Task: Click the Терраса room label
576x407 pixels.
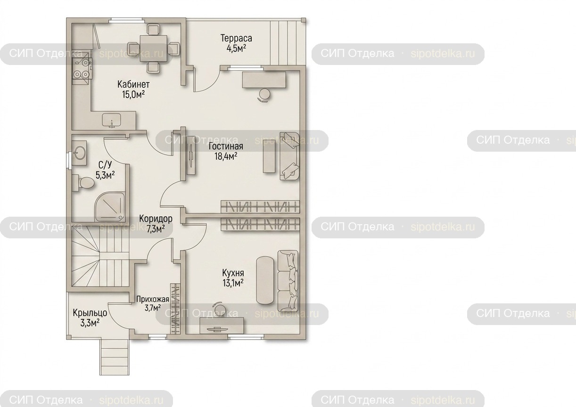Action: point(236,38)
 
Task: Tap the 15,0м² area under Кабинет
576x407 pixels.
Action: point(133,94)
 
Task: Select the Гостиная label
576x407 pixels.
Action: point(226,146)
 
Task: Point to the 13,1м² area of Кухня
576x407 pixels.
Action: point(233,283)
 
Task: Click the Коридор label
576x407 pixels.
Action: point(156,219)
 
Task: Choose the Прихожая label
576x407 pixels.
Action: point(153,299)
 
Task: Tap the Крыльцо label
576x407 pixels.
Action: point(90,313)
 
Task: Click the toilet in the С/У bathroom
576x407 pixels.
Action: point(83,182)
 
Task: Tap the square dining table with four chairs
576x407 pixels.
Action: point(154,48)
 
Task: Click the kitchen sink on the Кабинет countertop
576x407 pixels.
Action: point(112,121)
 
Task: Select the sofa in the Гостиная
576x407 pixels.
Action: point(289,156)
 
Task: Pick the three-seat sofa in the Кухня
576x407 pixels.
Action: point(288,281)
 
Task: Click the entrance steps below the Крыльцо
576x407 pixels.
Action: point(114,357)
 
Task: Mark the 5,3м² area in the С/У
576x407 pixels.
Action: point(105,175)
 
